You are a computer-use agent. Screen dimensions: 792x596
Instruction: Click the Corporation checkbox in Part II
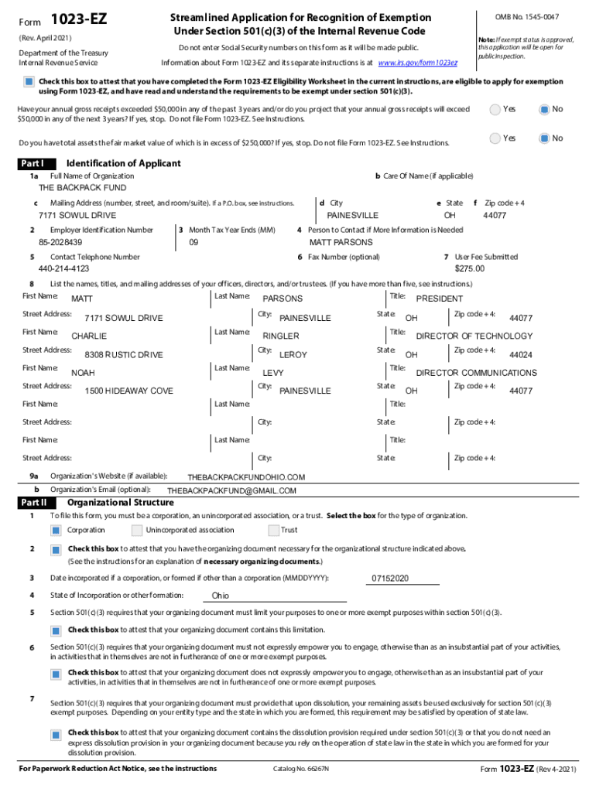click(x=56, y=531)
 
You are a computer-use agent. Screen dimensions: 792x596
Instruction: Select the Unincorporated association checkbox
click(x=137, y=531)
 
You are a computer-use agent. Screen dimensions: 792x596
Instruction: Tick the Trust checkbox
click(x=273, y=531)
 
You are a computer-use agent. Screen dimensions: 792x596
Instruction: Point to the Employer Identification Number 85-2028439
click(x=60, y=243)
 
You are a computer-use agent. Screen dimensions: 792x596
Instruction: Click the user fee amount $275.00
click(x=469, y=269)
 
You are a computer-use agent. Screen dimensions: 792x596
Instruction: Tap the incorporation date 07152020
click(x=390, y=579)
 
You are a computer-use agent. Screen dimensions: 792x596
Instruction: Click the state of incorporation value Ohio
click(x=221, y=596)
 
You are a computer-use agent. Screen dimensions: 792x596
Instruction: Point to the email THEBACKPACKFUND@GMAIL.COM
click(x=231, y=491)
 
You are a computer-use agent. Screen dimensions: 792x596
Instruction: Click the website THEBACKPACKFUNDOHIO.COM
click(x=246, y=477)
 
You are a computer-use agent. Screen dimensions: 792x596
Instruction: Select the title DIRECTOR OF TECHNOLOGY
click(x=474, y=336)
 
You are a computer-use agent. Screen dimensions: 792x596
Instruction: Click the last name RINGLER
click(x=281, y=336)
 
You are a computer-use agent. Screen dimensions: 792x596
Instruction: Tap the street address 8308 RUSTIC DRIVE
click(x=124, y=355)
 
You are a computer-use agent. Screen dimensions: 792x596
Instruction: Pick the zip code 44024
click(x=520, y=355)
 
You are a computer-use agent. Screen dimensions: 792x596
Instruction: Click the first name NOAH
click(x=83, y=373)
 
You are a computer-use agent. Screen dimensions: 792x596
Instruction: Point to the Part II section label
click(x=33, y=503)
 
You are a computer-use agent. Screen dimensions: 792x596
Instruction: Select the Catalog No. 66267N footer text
click(x=300, y=769)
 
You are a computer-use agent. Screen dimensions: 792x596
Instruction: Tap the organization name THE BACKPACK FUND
click(x=82, y=188)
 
